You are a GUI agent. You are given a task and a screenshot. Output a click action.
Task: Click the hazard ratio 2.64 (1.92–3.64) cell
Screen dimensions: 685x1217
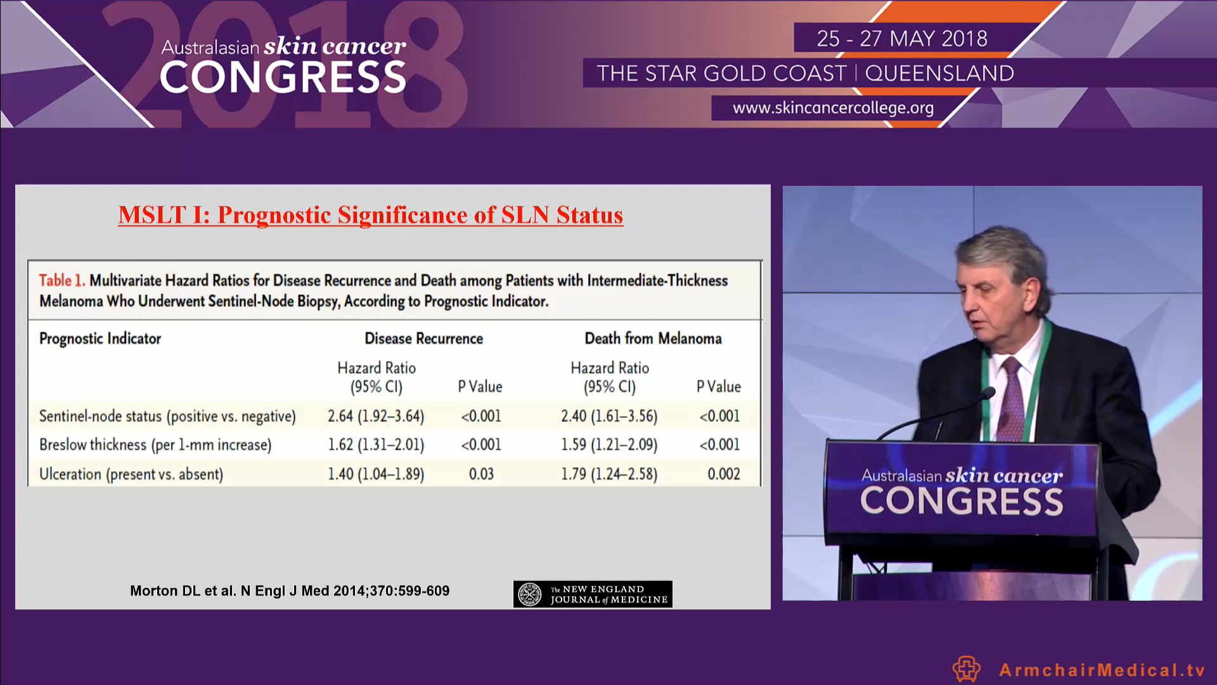click(x=376, y=416)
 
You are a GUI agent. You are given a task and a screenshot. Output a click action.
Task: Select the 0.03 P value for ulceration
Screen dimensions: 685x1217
click(x=481, y=474)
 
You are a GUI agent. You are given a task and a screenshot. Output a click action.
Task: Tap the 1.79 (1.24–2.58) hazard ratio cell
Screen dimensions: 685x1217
click(x=609, y=474)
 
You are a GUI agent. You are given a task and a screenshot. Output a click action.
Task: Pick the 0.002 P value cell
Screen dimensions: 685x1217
click(x=723, y=474)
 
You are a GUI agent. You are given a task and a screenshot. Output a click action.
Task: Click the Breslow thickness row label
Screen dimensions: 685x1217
click(x=155, y=445)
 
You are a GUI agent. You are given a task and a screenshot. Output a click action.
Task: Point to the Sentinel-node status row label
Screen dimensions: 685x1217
click(x=167, y=416)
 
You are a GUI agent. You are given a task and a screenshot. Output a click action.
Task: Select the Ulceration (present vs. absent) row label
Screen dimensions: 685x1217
click(x=131, y=474)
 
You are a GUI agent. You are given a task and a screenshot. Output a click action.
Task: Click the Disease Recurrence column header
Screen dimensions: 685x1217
click(x=423, y=339)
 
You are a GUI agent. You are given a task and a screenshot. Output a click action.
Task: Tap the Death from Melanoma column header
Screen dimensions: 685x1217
click(x=653, y=339)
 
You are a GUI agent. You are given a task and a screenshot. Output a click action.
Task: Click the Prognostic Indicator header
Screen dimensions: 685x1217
click(x=100, y=339)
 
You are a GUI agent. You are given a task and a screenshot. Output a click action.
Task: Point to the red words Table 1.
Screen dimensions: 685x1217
click(x=61, y=280)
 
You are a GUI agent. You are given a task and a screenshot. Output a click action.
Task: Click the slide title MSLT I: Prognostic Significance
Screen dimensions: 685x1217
click(x=371, y=215)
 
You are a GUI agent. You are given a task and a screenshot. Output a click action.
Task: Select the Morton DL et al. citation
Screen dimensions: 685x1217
click(x=290, y=590)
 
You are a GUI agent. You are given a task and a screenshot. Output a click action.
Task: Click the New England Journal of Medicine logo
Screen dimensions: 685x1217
click(x=593, y=594)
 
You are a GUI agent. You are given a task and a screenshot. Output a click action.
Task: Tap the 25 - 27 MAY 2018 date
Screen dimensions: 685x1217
click(x=902, y=39)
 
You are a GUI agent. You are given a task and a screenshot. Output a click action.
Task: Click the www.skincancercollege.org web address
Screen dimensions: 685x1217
click(x=833, y=108)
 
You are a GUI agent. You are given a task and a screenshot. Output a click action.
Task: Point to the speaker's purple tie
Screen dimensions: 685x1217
click(x=1013, y=400)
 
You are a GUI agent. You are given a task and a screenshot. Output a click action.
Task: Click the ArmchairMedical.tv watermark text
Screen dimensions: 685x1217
click(x=1102, y=670)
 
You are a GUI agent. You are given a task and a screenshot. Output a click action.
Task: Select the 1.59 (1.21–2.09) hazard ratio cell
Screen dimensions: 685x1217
click(x=609, y=445)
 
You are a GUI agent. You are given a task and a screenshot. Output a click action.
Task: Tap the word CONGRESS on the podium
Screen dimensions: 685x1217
click(x=961, y=501)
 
